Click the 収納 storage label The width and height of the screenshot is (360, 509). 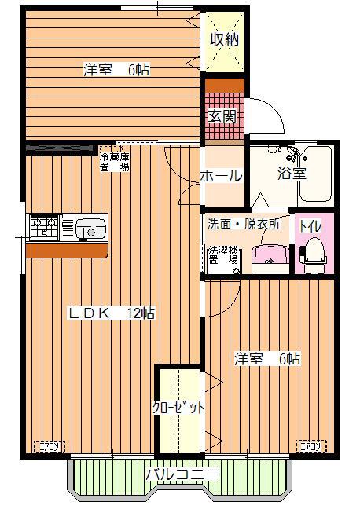224,39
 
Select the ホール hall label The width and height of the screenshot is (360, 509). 221,176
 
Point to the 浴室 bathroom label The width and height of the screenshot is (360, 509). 292,174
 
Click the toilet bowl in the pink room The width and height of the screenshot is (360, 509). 313,255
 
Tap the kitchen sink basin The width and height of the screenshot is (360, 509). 90,229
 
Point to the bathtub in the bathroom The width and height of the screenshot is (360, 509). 315,175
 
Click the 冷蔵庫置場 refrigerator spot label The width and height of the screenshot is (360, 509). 115,161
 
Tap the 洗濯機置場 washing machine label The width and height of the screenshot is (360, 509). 223,255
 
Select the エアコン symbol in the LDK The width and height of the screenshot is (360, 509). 50,447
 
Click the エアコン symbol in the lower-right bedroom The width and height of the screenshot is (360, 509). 311,446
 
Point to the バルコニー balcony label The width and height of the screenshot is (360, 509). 182,475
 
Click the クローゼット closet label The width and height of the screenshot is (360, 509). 178,408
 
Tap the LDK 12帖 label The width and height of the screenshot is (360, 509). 112,313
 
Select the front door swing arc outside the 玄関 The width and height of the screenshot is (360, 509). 272,108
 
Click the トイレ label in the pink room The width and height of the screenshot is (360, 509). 310,226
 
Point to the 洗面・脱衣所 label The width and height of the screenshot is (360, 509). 244,224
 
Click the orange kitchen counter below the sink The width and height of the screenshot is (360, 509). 66,250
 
